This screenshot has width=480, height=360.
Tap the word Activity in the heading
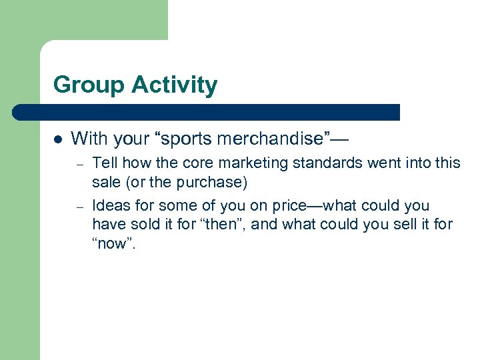pos(175,85)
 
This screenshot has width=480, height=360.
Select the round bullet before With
pos(57,140)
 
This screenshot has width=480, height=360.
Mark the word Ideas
pos(109,205)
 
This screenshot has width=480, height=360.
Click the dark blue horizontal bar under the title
pos(206,112)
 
